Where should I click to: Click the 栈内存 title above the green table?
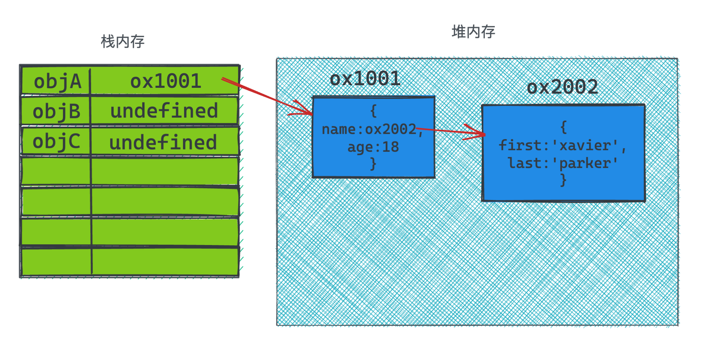point(123,42)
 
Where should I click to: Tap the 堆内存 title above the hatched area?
point(473,32)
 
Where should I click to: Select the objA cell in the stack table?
point(57,81)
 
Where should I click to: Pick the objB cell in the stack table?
point(57,111)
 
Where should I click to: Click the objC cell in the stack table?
point(57,141)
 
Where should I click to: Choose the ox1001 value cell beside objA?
point(166,81)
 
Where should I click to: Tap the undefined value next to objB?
point(164,111)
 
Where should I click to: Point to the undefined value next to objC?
point(163,142)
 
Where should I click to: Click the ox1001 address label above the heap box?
point(365,79)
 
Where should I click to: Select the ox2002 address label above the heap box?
point(563,87)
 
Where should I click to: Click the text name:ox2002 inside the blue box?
point(369,129)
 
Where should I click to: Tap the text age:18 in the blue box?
point(373,147)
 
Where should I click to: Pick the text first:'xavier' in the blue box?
point(559,145)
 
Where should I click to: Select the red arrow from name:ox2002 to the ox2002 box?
point(449,131)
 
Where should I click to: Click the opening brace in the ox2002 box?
point(564,127)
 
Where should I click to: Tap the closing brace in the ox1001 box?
point(373,164)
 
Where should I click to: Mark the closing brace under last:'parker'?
point(563,180)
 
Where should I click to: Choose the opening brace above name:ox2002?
point(373,111)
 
